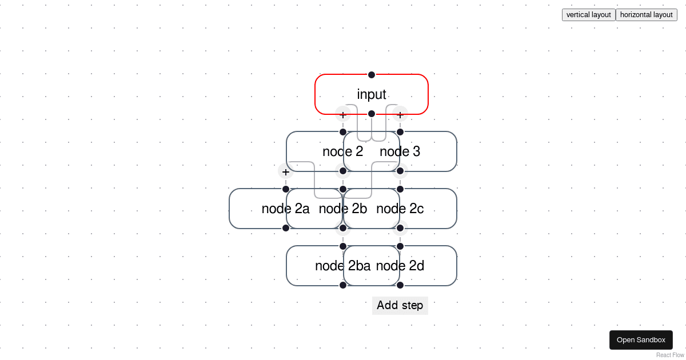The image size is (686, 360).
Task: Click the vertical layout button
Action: click(588, 15)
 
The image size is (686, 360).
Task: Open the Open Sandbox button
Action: click(641, 340)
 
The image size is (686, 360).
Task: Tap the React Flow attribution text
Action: click(670, 355)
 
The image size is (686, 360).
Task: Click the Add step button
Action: click(400, 305)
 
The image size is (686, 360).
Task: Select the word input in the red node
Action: click(372, 94)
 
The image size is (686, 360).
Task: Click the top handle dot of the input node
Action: click(372, 75)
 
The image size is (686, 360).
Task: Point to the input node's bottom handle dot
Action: click(372, 114)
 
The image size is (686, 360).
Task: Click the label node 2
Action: click(342, 151)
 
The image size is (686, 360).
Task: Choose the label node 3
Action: click(400, 151)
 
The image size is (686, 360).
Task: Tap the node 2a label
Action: click(285, 209)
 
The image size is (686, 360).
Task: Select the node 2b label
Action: click(342, 209)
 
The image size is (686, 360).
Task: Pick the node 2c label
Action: click(400, 209)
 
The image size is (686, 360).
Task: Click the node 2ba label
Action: click(342, 266)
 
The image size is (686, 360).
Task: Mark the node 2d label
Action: click(400, 266)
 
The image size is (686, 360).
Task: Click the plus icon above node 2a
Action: click(286, 171)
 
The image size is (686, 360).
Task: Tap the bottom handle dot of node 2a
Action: click(286, 228)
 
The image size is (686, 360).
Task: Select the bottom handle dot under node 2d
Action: click(400, 285)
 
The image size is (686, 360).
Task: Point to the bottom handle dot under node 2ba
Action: click(343, 285)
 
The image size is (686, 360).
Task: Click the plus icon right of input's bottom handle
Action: click(400, 114)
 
